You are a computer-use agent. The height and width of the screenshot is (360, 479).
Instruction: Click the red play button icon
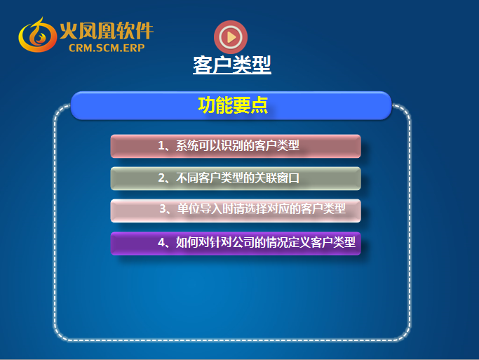pyautogui.click(x=231, y=37)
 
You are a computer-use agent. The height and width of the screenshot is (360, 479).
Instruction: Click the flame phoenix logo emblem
pyautogui.click(x=38, y=35)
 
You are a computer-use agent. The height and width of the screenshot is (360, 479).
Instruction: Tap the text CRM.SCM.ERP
pyautogui.click(x=107, y=48)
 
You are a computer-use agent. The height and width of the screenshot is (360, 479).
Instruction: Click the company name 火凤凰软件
pyautogui.click(x=107, y=31)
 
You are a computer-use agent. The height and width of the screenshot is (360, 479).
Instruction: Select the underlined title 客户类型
pyautogui.click(x=232, y=65)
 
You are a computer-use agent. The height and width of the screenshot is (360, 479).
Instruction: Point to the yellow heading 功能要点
pyautogui.click(x=233, y=105)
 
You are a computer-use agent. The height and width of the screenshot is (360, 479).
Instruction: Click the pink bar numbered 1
pyautogui.click(x=236, y=146)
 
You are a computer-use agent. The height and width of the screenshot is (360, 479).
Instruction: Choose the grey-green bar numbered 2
pyautogui.click(x=236, y=178)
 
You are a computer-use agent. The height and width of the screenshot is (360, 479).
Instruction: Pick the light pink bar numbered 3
pyautogui.click(x=236, y=211)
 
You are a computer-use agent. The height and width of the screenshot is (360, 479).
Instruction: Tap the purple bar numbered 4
pyautogui.click(x=236, y=244)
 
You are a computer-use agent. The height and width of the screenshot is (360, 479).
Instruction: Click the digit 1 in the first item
pyautogui.click(x=161, y=145)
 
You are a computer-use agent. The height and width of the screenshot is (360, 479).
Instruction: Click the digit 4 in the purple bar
pyautogui.click(x=161, y=242)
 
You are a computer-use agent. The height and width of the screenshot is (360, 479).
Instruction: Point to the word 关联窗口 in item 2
pyautogui.click(x=277, y=178)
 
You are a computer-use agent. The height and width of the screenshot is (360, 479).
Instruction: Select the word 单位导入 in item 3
pyautogui.click(x=199, y=208)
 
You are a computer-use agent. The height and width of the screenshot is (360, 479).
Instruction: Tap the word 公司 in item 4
pyautogui.click(x=243, y=242)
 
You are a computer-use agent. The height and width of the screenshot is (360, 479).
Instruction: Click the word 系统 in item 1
pyautogui.click(x=187, y=145)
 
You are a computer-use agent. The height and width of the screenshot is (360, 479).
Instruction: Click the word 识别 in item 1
pyautogui.click(x=232, y=145)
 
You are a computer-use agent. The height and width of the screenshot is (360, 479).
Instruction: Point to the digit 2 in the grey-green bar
pyautogui.click(x=161, y=178)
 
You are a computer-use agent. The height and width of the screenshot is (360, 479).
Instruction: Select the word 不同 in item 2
pyautogui.click(x=187, y=178)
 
